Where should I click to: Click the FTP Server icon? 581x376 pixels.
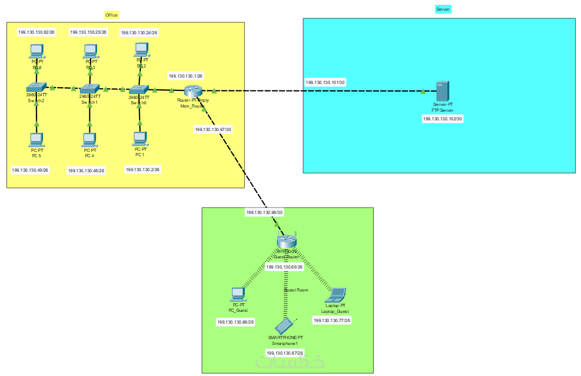442,90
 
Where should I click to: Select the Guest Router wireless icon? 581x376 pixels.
286,242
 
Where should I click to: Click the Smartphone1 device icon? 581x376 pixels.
285,326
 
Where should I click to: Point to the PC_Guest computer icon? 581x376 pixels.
238,294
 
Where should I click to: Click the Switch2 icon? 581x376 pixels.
36,87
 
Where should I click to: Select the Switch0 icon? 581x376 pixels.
139,90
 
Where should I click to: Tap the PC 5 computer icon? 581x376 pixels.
36,140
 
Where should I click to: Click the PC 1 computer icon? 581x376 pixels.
140,139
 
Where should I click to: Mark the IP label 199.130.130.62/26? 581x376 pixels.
36,32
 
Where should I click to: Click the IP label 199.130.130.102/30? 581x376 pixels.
442,119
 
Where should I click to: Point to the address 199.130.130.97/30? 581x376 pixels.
213,129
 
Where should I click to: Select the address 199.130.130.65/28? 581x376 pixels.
284,266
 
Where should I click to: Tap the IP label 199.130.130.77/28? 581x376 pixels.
332,320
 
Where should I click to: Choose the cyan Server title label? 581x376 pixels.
443,10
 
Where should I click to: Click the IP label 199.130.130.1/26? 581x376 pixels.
185,76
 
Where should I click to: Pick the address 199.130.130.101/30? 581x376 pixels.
325,82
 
